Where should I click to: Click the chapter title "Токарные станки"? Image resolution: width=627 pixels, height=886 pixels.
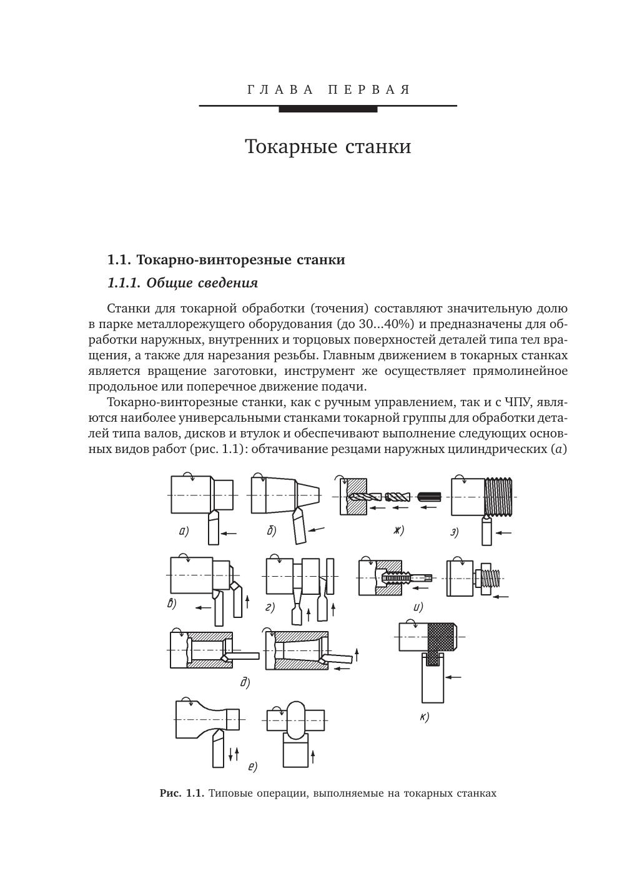point(328,147)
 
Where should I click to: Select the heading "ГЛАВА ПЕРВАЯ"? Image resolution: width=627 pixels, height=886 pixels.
point(328,90)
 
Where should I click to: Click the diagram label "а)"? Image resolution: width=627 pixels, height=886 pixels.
point(184,532)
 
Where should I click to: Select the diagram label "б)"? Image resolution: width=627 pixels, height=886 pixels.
point(271,532)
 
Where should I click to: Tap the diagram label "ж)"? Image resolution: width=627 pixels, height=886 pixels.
point(398,530)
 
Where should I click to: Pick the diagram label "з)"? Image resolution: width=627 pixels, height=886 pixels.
point(455,532)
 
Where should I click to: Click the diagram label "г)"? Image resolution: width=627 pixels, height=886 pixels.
point(270,607)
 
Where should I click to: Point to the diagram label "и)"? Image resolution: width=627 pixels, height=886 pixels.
point(418,606)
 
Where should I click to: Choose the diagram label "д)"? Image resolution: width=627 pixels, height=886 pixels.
point(245,682)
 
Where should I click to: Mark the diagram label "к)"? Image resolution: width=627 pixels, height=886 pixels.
point(424,717)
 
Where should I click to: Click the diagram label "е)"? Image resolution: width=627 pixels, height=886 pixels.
point(252,767)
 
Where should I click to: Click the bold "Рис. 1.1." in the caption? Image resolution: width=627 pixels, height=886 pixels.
point(182,794)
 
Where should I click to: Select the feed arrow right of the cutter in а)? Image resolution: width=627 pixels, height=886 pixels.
point(230,533)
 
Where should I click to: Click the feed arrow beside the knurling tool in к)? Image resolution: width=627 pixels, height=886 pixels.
point(454,677)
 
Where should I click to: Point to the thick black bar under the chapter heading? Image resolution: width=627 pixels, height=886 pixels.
point(328,109)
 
